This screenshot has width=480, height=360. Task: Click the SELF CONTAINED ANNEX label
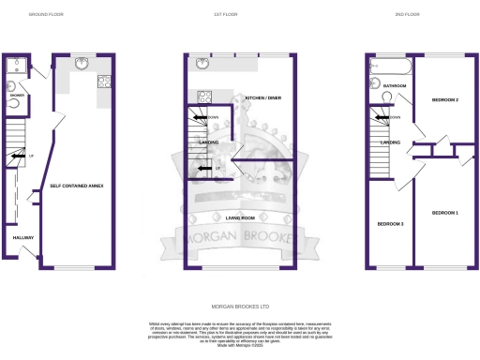click(77, 187)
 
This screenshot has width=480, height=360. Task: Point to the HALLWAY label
click(23, 238)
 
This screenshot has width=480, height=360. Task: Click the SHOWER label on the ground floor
click(16, 95)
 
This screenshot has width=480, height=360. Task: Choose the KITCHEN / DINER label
click(262, 97)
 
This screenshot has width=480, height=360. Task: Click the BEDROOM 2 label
click(444, 98)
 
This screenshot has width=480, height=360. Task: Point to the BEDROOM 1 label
click(444, 214)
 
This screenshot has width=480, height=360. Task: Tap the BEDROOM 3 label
click(390, 224)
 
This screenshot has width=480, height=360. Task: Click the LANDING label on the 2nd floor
click(390, 142)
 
